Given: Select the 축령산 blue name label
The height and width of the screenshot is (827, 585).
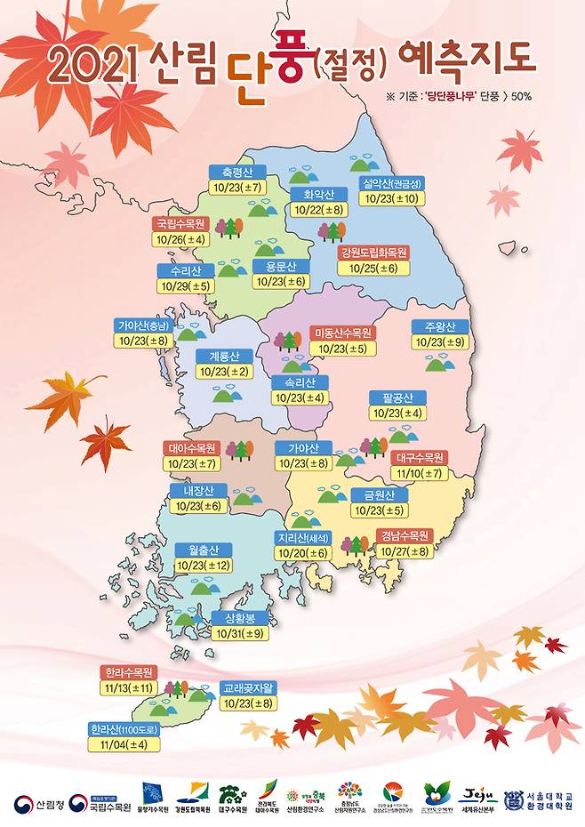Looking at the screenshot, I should [x=237, y=172].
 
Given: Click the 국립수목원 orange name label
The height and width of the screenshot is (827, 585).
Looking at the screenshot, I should [x=183, y=223].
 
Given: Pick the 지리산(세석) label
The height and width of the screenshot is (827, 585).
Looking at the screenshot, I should [x=304, y=537].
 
